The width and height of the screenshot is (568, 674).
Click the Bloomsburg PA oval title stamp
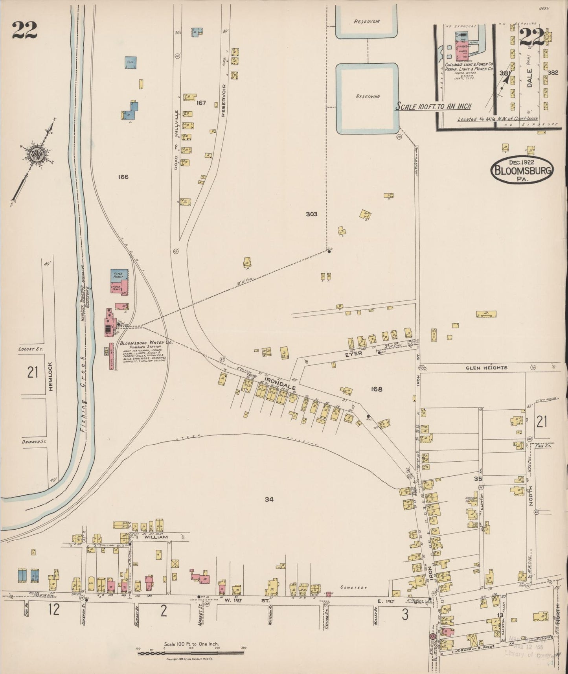(x=522, y=170)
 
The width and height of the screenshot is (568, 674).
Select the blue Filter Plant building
(x=119, y=275)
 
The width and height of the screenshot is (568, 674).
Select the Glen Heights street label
(x=486, y=368)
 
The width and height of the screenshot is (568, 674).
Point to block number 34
(x=269, y=499)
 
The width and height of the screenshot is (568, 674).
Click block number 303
(x=311, y=214)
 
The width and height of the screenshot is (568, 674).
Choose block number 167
(x=201, y=103)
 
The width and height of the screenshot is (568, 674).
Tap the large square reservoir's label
(x=368, y=96)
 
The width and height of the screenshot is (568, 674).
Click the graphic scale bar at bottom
(x=191, y=654)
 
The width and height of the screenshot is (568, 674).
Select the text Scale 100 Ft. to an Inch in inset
(x=433, y=106)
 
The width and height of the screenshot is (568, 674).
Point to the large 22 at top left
(x=24, y=30)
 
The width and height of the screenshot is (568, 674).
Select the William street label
(x=156, y=537)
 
